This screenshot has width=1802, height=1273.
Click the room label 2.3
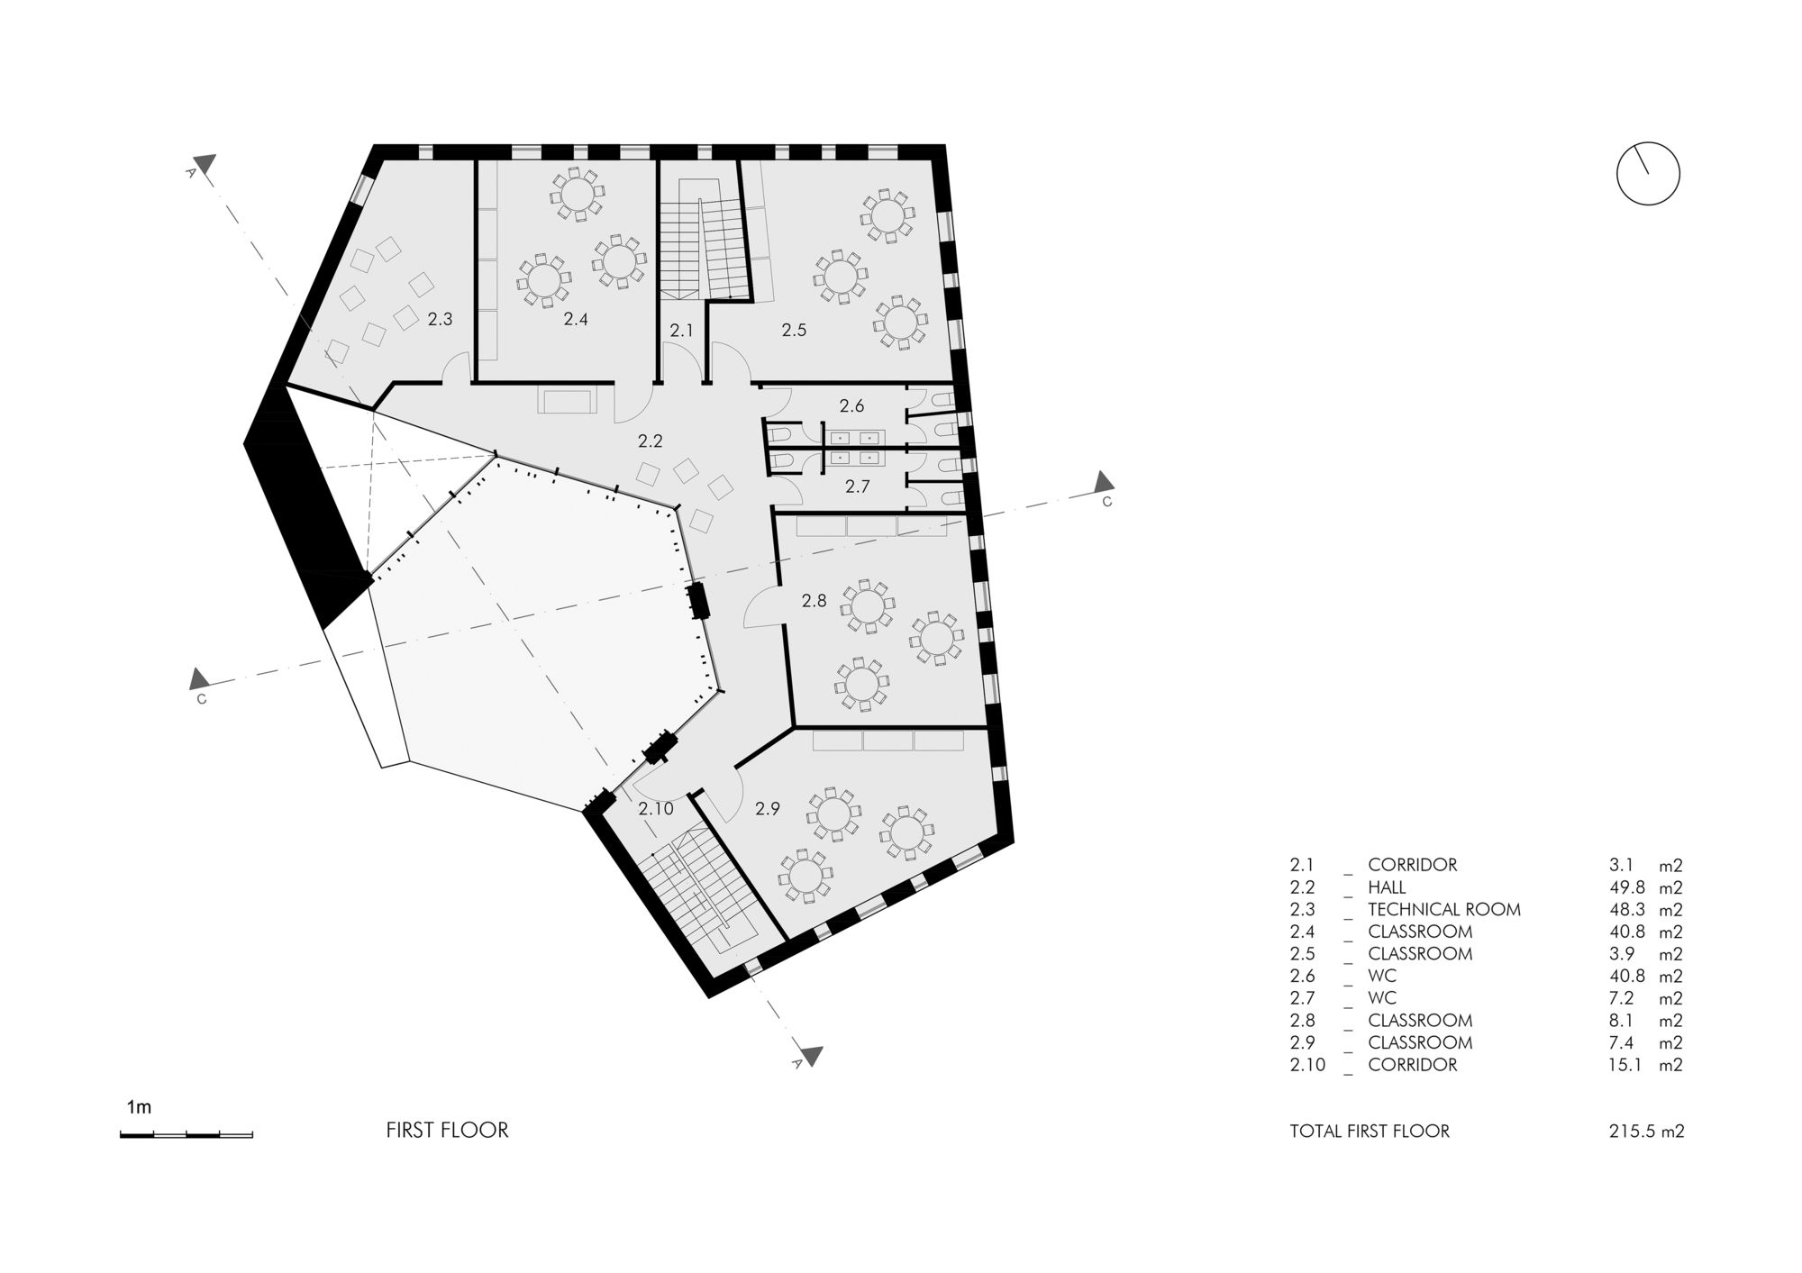pyautogui.click(x=440, y=319)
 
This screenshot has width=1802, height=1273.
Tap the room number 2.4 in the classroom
pyautogui.click(x=576, y=319)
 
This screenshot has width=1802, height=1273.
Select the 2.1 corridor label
pyautogui.click(x=682, y=331)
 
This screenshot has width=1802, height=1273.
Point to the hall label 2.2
pyautogui.click(x=650, y=441)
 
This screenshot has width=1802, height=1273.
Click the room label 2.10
pyautogui.click(x=656, y=809)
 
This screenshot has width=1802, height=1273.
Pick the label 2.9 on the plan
pyautogui.click(x=768, y=809)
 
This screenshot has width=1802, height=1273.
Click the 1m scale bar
pyautogui.click(x=187, y=1134)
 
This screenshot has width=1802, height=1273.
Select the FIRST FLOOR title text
pyautogui.click(x=447, y=1130)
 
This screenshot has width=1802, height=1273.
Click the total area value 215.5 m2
pyautogui.click(x=1646, y=1131)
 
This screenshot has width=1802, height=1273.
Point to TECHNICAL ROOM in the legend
pyautogui.click(x=1443, y=910)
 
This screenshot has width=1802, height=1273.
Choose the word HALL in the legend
pyautogui.click(x=1387, y=887)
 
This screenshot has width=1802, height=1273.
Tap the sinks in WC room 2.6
pyautogui.click(x=852, y=438)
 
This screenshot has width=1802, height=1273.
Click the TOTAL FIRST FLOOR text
pyautogui.click(x=1370, y=1131)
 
